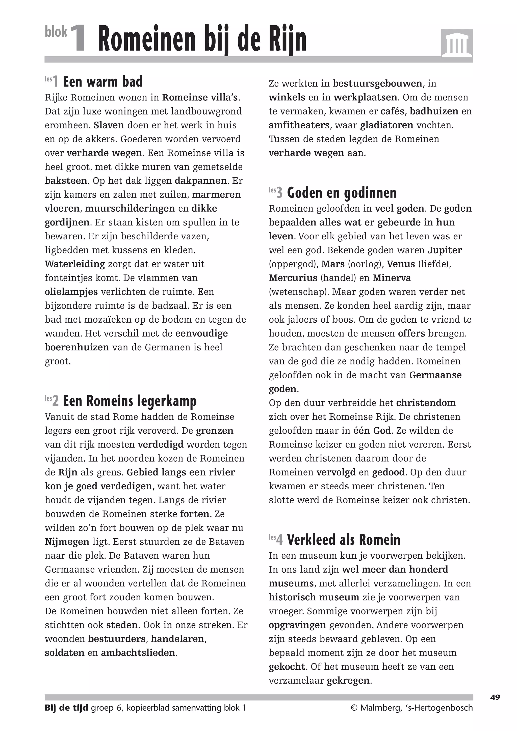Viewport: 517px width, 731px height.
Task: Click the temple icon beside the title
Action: [457, 44]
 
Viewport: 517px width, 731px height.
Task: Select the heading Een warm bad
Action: [102, 81]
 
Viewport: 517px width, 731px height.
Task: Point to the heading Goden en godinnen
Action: [342, 193]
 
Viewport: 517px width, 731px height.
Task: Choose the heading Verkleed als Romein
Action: [343, 540]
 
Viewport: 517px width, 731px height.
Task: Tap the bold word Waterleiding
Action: [75, 264]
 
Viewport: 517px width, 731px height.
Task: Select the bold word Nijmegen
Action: [67, 542]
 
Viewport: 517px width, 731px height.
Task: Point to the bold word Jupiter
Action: [445, 250]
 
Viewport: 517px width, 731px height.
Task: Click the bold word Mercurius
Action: [293, 278]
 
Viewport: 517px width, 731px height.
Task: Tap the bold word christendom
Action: [426, 403]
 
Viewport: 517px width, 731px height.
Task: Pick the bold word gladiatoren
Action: [386, 125]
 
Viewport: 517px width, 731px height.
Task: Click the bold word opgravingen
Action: [297, 625]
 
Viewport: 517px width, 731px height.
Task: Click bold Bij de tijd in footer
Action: [66, 708]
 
